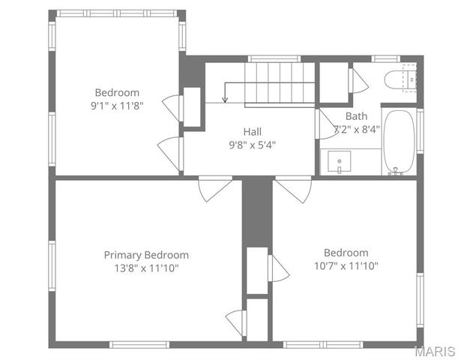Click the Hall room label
click(x=252, y=131)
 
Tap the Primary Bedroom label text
click(x=146, y=255)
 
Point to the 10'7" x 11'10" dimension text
click(x=346, y=265)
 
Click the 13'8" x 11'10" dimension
click(x=146, y=268)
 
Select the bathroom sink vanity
click(x=341, y=161)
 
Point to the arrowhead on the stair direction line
click(x=225, y=99)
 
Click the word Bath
click(x=356, y=116)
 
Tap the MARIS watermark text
click(x=436, y=352)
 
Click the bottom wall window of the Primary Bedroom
click(x=139, y=345)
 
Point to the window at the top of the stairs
click(x=274, y=58)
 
